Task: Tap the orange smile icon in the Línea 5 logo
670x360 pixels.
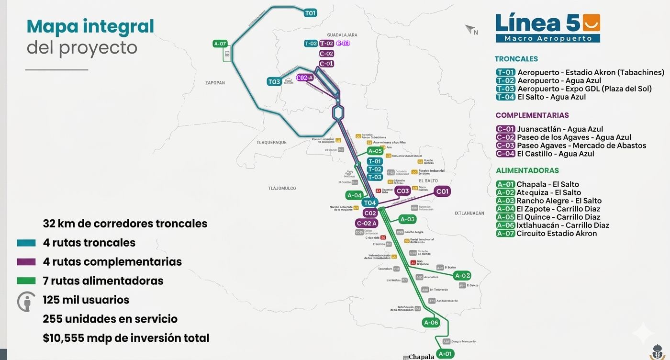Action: pos(591,22)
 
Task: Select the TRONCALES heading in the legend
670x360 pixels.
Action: pos(516,59)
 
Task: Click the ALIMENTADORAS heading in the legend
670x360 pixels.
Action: pos(527,170)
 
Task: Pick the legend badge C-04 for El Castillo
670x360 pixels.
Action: pos(505,154)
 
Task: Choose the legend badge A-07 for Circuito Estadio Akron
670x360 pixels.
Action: pos(505,234)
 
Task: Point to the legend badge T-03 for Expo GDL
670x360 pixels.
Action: pos(505,89)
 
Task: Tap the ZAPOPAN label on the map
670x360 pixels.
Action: pos(215,83)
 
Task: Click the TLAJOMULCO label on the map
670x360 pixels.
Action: pos(282,189)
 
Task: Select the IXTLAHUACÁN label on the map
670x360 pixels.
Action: pos(469,213)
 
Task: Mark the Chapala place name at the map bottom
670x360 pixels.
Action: pos(421,357)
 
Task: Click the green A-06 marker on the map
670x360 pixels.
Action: pos(431,323)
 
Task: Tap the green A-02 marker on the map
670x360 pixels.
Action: pos(462,276)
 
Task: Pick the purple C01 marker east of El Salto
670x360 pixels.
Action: pos(442,191)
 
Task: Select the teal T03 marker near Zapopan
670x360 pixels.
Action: pos(274,82)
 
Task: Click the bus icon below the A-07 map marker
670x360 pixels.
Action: pos(227,54)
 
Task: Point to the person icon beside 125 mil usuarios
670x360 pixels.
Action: pos(26,302)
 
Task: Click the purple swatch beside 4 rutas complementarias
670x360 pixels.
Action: pos(26,262)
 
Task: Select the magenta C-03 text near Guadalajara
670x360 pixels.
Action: pos(343,43)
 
